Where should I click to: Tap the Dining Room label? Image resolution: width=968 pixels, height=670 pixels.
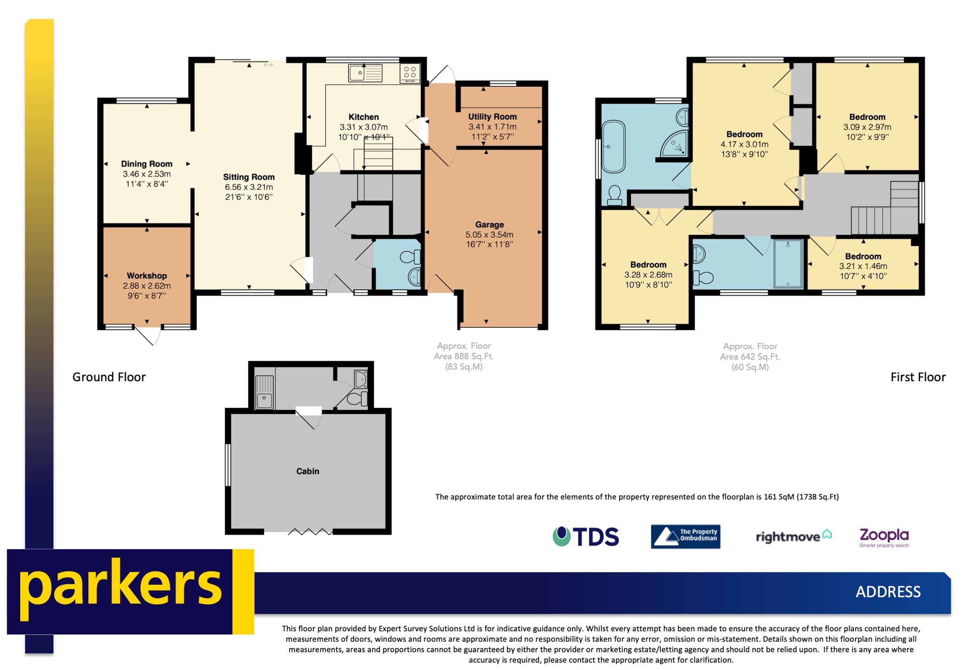pyautogui.click(x=146, y=164)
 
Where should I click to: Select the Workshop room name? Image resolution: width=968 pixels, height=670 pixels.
pyautogui.click(x=146, y=276)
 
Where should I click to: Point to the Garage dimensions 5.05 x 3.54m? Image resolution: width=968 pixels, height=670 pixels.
pyautogui.click(x=489, y=235)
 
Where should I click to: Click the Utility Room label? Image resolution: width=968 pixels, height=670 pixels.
pyautogui.click(x=492, y=117)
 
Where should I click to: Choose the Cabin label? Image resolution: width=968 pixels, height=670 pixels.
pyautogui.click(x=307, y=471)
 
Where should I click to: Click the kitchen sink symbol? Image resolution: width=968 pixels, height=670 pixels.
pyautogui.click(x=365, y=73)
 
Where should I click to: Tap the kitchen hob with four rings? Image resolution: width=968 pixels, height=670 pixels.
pyautogui.click(x=409, y=73)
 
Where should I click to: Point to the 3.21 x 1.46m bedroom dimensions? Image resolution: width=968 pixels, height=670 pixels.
pyautogui.click(x=863, y=266)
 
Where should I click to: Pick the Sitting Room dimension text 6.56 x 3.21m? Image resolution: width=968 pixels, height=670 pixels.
pyautogui.click(x=248, y=187)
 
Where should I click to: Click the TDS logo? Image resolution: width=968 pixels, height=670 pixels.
pyautogui.click(x=585, y=537)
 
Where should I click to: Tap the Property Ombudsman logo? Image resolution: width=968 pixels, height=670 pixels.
pyautogui.click(x=685, y=537)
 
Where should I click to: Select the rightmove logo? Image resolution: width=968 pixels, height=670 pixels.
pyautogui.click(x=793, y=537)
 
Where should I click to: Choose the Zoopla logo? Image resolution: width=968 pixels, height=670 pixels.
pyautogui.click(x=884, y=537)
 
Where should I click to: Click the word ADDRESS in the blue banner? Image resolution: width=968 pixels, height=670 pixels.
pyautogui.click(x=888, y=592)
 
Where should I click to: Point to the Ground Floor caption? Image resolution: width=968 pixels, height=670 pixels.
pyautogui.click(x=109, y=377)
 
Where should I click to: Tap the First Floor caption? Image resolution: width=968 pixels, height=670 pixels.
pyautogui.click(x=918, y=377)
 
